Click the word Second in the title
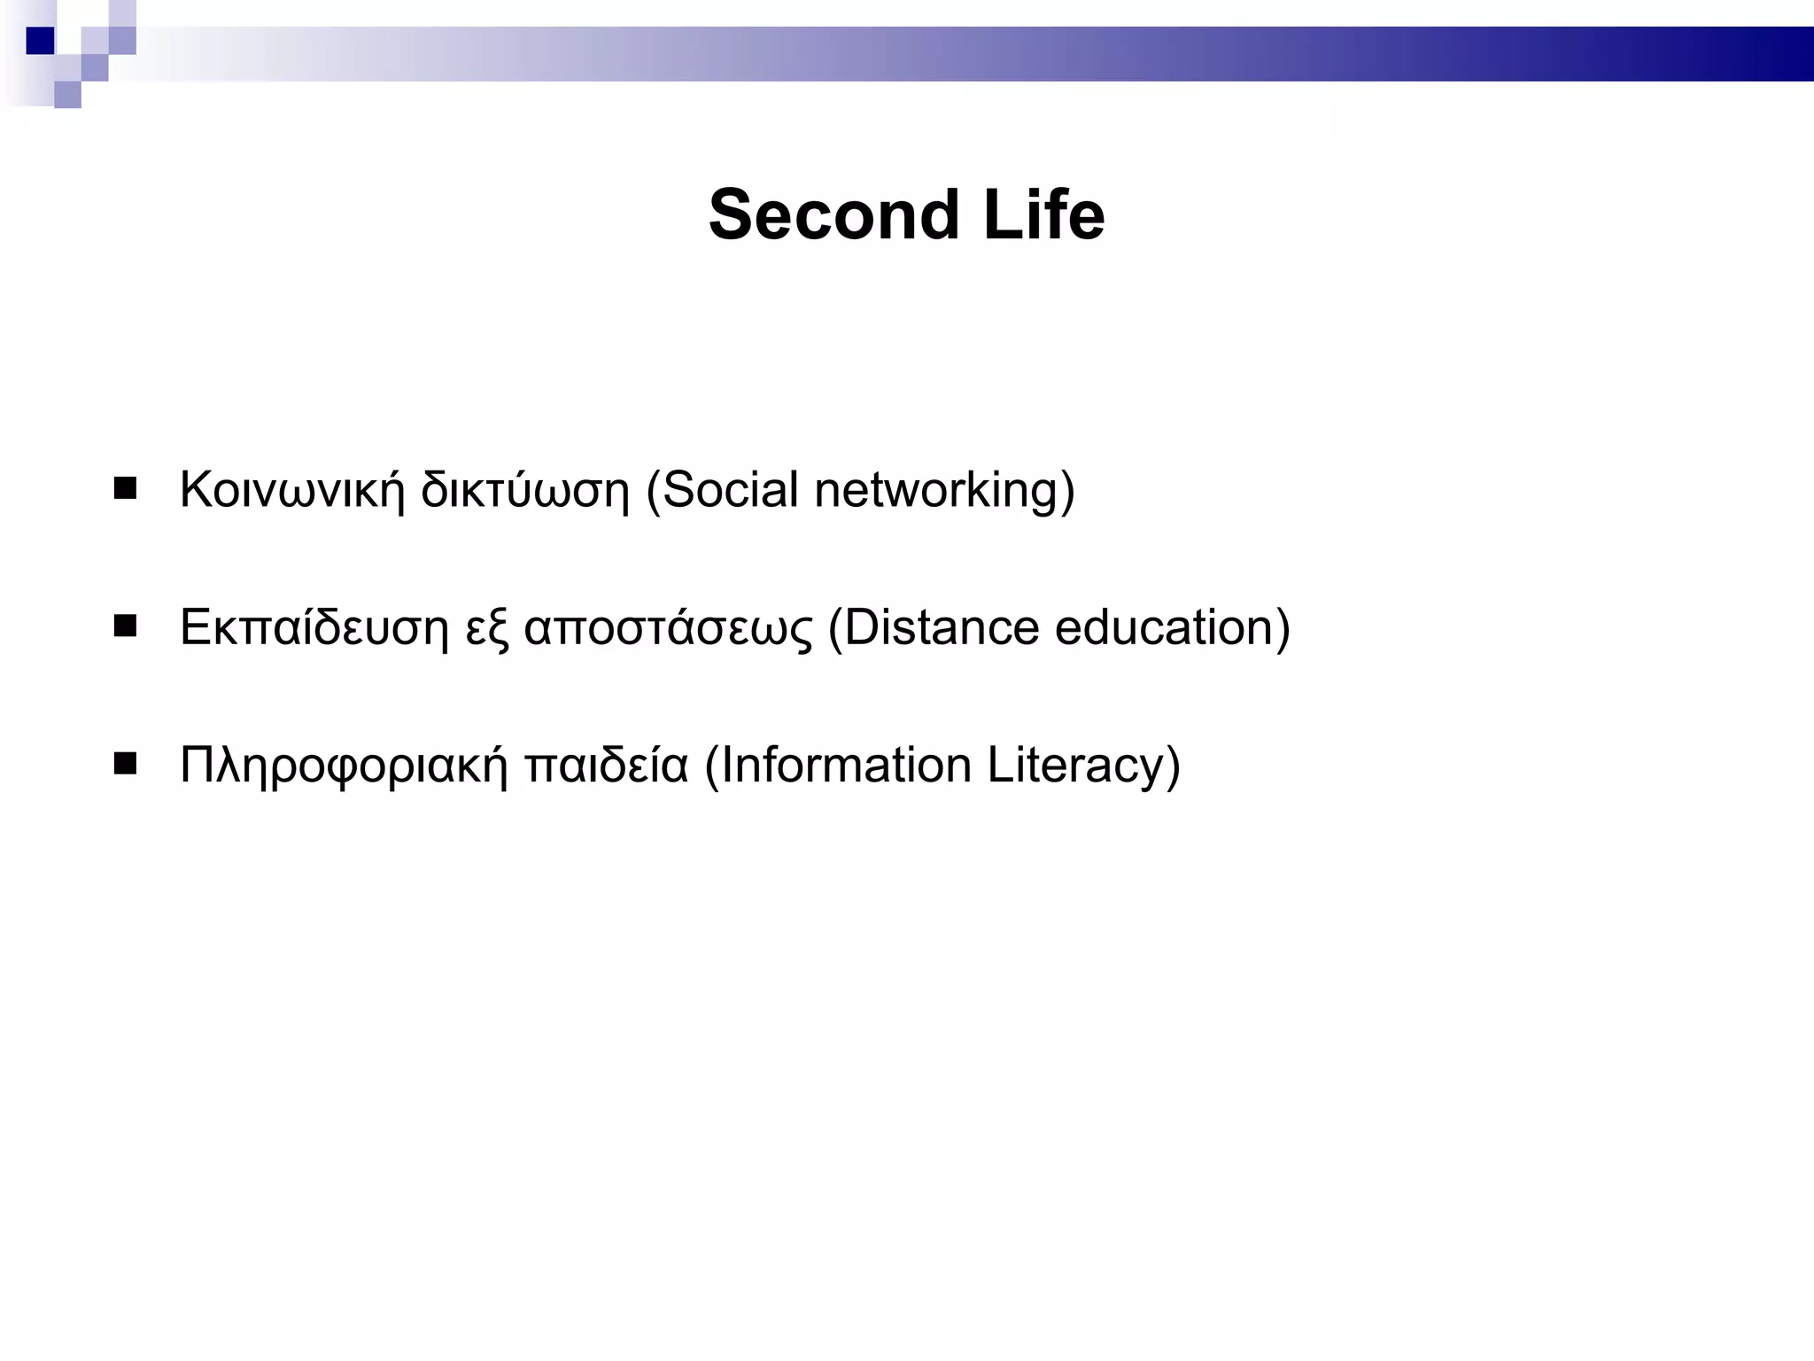pyautogui.click(x=833, y=215)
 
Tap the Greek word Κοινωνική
pyautogui.click(x=291, y=489)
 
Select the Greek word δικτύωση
pyautogui.click(x=524, y=489)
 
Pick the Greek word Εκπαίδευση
pyautogui.click(x=314, y=627)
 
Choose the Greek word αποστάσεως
pyautogui.click(x=668, y=627)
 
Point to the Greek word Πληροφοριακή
pyautogui.click(x=344, y=766)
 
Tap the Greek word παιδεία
pyautogui.click(x=606, y=766)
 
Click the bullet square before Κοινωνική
pyautogui.click(x=126, y=489)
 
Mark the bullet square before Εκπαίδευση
pyautogui.click(x=126, y=627)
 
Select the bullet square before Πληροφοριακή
pyautogui.click(x=126, y=764)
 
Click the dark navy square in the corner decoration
pyautogui.click(x=40, y=41)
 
